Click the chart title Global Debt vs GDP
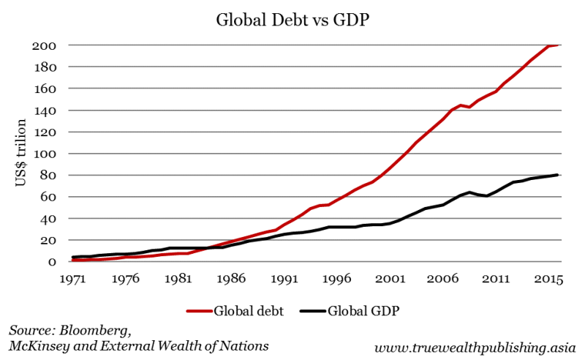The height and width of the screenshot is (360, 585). tap(292, 20)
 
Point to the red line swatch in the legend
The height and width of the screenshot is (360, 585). tap(197, 310)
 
